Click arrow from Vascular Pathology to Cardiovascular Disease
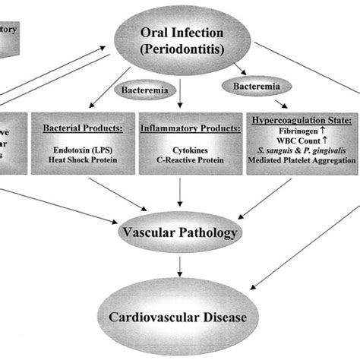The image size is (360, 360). click(x=180, y=265)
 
